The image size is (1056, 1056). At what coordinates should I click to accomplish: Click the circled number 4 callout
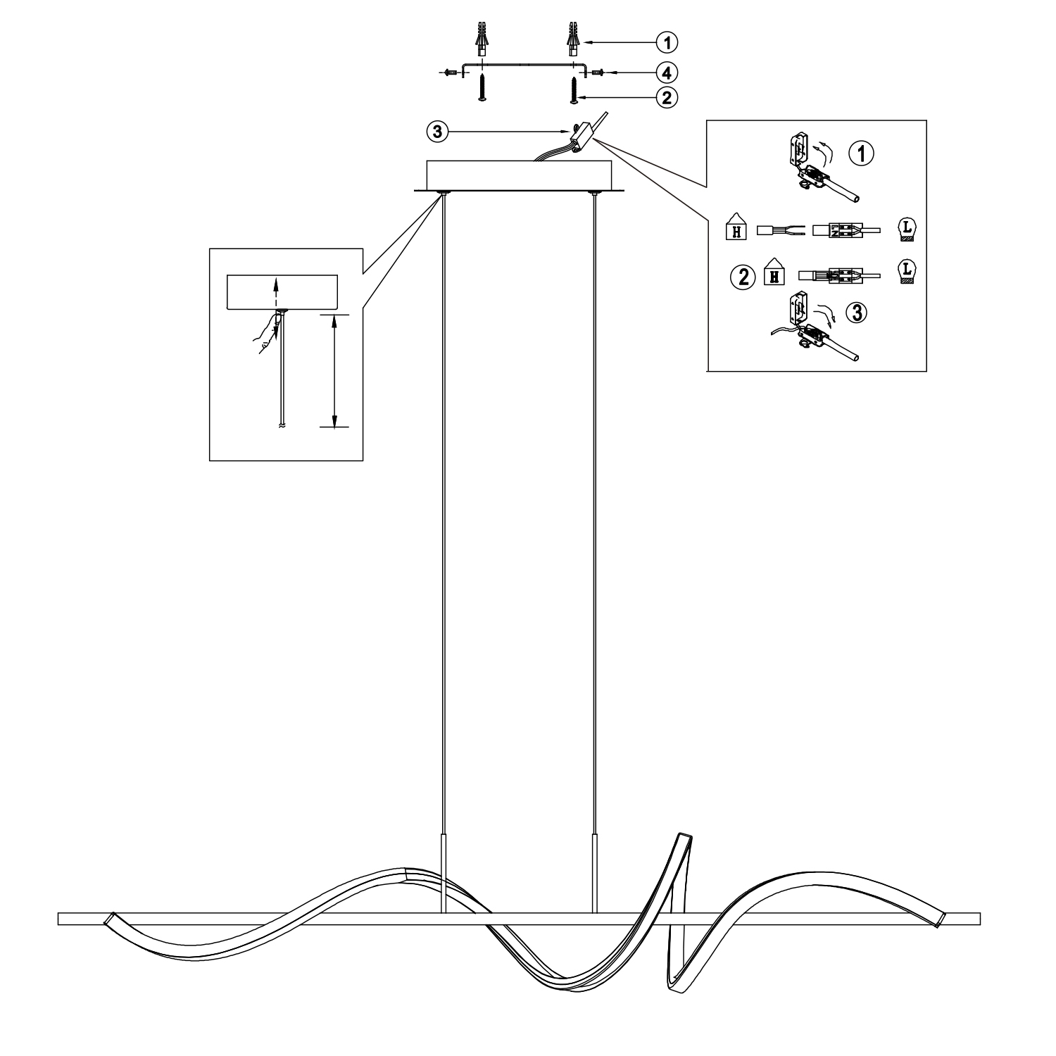(x=666, y=72)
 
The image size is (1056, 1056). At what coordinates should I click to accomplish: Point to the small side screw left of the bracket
(x=450, y=72)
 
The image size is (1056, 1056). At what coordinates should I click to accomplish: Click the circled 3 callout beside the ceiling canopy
(x=438, y=132)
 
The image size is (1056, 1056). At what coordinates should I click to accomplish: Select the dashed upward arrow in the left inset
(x=275, y=292)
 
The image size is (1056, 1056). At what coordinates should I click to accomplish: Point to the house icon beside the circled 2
(x=774, y=271)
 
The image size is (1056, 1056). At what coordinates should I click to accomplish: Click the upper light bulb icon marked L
(x=907, y=230)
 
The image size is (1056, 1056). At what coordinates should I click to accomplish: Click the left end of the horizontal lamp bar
(x=59, y=919)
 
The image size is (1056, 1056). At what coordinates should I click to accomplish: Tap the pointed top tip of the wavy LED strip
(x=683, y=835)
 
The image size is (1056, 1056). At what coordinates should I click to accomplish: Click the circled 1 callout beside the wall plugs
(x=666, y=42)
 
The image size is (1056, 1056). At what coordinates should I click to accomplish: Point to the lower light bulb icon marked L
(x=907, y=272)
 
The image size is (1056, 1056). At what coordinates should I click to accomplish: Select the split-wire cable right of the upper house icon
(x=781, y=230)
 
